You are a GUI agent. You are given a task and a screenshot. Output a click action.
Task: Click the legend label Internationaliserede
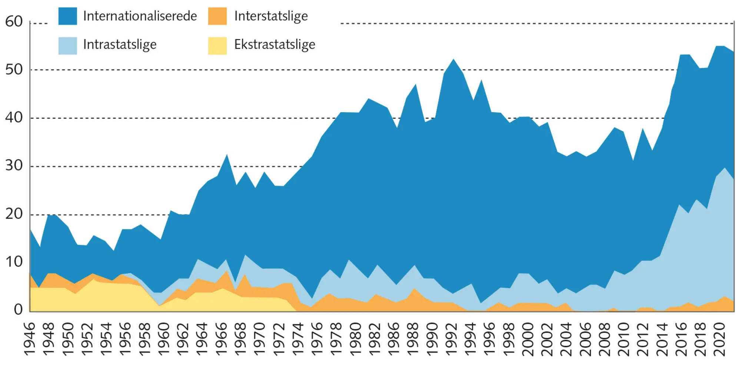click(140, 16)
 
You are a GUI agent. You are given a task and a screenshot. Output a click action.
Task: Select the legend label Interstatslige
click(271, 16)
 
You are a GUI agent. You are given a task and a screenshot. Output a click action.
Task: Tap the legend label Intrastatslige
click(120, 45)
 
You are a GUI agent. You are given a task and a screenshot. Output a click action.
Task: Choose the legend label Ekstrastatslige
click(275, 45)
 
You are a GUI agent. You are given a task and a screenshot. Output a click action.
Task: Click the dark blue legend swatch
click(68, 16)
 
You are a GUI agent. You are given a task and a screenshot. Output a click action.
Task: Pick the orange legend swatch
click(217, 16)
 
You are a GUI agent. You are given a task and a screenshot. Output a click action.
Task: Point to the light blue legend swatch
click(68, 46)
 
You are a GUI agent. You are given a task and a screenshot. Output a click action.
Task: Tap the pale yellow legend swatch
click(217, 46)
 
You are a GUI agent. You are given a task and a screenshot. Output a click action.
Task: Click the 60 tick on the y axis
click(14, 22)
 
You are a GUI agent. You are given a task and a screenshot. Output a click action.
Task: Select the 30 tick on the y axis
click(14, 165)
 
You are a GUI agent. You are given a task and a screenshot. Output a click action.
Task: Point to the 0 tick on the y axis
click(18, 309)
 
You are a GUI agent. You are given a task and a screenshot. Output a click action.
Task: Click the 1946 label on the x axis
click(30, 339)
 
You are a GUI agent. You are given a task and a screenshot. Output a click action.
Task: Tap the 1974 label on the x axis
click(298, 339)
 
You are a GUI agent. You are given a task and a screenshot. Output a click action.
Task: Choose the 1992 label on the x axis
click(451, 339)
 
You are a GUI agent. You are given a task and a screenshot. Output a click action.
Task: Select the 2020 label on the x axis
click(720, 339)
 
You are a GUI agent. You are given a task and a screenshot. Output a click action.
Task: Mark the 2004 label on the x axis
click(566, 339)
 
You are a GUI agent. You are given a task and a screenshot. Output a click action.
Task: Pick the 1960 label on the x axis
click(164, 339)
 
